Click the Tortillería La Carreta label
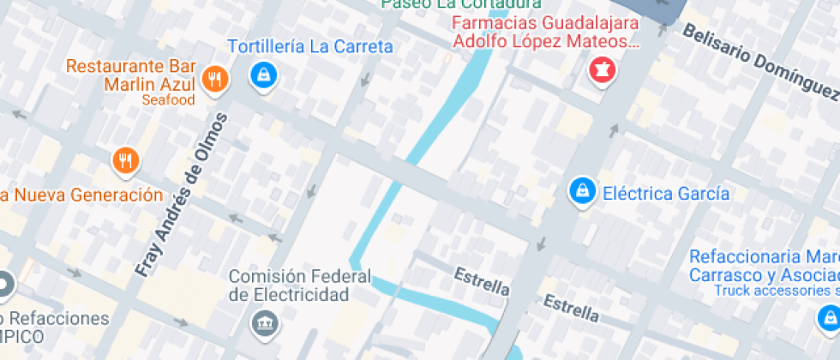310,47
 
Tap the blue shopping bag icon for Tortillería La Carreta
263,75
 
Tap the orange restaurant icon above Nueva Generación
126,159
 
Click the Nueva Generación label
81,194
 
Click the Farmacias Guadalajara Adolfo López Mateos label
546,33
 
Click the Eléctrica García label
666,193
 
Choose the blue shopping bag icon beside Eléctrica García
582,192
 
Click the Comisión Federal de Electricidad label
300,285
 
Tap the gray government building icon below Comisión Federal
261,324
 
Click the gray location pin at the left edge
4,285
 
